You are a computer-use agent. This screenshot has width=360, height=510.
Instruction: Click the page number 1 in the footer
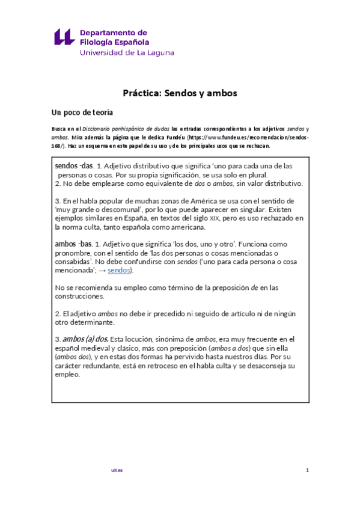pos(307,470)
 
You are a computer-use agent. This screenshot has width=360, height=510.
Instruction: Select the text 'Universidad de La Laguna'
pos(127,52)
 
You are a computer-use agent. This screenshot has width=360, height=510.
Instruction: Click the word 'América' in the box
pos(188,200)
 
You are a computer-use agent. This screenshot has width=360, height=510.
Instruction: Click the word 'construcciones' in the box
pos(79,296)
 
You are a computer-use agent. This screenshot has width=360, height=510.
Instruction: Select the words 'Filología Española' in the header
pos(114,41)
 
